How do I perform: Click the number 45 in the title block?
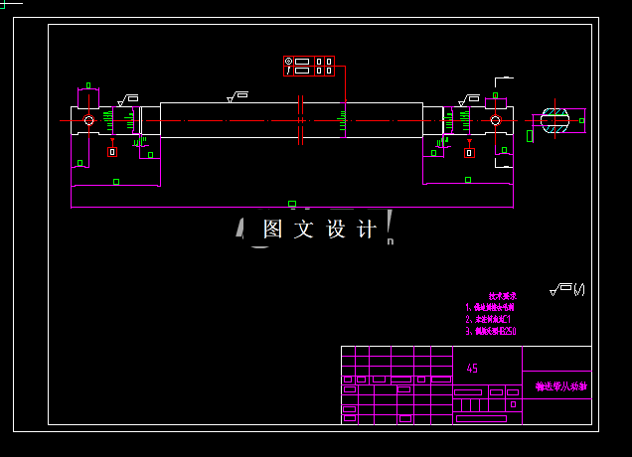click(472, 369)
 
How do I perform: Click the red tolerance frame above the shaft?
click(309, 67)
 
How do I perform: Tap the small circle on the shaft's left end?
click(88, 121)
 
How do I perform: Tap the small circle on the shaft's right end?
click(495, 121)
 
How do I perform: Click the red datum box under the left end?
click(111, 152)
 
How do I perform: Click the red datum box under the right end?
click(468, 152)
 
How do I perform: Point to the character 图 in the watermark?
click(273, 229)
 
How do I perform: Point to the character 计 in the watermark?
click(365, 229)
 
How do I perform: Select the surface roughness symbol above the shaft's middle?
click(237, 96)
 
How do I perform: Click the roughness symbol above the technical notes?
click(566, 290)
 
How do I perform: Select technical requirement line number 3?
click(491, 332)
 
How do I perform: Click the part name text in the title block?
click(560, 385)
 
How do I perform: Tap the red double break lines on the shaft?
click(299, 121)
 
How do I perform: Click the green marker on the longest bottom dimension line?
click(291, 204)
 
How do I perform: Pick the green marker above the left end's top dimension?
click(88, 86)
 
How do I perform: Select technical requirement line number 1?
click(490, 308)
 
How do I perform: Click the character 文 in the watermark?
click(303, 229)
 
